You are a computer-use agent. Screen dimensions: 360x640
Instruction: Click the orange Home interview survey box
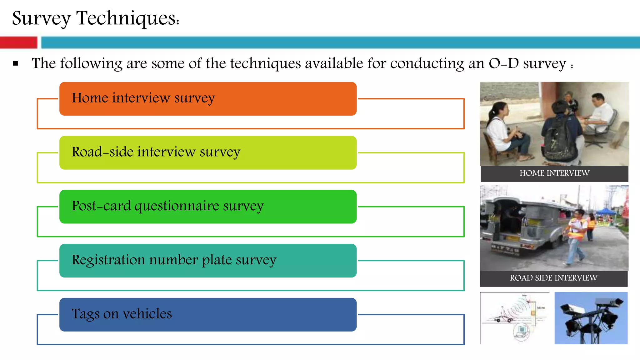pyautogui.click(x=208, y=99)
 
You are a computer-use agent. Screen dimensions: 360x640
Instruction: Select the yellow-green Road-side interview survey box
pyautogui.click(x=208, y=153)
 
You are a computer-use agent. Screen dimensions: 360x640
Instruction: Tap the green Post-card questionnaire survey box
pyautogui.click(x=208, y=207)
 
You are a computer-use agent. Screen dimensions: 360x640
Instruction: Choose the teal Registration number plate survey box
pyautogui.click(x=208, y=261)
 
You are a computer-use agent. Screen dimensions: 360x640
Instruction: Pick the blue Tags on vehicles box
pyautogui.click(x=208, y=315)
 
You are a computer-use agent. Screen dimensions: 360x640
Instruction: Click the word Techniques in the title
pyautogui.click(x=127, y=18)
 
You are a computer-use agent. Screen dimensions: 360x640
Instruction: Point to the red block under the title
pyautogui.click(x=18, y=42)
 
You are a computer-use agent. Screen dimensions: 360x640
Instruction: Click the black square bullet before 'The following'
pyautogui.click(x=16, y=64)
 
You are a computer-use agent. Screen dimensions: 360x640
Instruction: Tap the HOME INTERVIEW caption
pyautogui.click(x=554, y=173)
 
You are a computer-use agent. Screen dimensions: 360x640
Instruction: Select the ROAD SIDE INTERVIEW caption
pyautogui.click(x=553, y=278)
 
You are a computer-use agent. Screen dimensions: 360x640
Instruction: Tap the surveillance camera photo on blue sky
pyautogui.click(x=591, y=318)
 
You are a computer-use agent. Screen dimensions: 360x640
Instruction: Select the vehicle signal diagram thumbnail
pyautogui.click(x=515, y=318)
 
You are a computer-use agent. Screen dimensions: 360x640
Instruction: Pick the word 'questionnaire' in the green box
pyautogui.click(x=177, y=206)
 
